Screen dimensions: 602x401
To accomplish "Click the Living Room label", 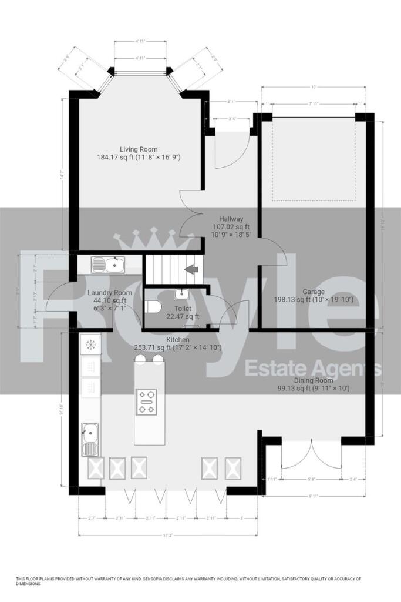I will click(139, 149).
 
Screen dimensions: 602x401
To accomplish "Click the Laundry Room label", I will click(110, 293).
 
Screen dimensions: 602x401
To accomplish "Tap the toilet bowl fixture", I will click(154, 307).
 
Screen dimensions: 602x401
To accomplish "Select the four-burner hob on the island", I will click(146, 402).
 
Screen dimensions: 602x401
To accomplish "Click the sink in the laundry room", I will click(108, 265).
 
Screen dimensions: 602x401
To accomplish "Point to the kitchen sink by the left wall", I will click(90, 439).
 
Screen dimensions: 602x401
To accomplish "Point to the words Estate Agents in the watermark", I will click(312, 369).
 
